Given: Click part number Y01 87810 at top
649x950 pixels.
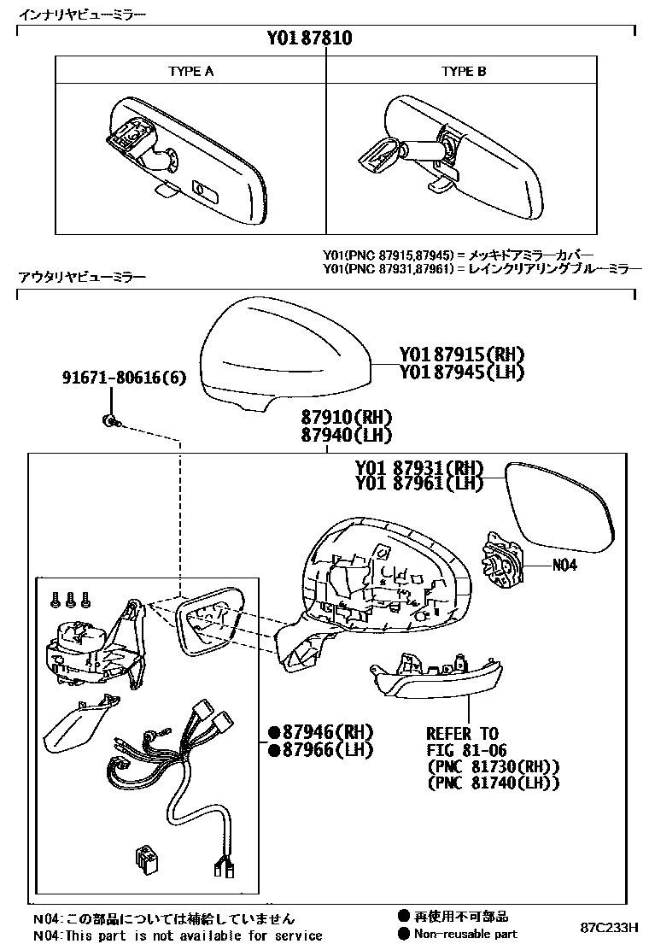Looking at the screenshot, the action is coord(309,38).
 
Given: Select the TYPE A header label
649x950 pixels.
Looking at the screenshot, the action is coord(190,72).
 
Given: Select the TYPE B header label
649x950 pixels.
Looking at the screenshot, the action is coord(464,72).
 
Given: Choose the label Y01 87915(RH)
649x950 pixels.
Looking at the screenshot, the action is coord(460,355).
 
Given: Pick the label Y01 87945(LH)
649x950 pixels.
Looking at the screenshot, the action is coord(460,372).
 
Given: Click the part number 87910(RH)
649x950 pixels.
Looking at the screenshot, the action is coord(345,418).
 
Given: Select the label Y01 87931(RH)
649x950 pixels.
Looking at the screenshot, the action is coord(418,468).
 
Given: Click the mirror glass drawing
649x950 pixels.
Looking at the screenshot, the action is coord(558,503).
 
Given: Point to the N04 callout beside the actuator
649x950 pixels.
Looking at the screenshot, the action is coord(564,565).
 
